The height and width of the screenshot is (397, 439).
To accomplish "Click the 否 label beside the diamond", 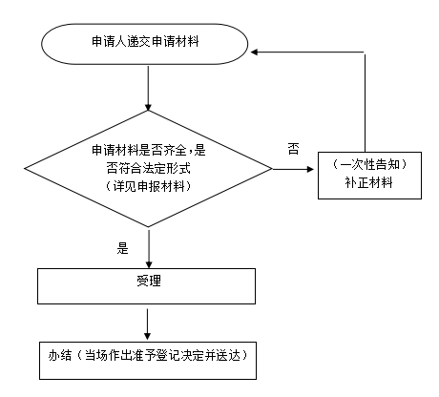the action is pyautogui.click(x=293, y=149).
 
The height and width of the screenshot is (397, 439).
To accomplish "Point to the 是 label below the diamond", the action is pyautogui.click(x=122, y=248).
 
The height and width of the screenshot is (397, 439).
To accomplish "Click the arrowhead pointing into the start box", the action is pyautogui.click(x=254, y=52).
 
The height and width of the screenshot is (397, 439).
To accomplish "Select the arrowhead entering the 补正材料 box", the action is pyautogui.click(x=310, y=169).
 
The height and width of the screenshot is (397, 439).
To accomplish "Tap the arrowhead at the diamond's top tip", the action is pyautogui.click(x=148, y=107).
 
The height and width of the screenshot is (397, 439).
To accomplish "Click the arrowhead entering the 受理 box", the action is pyautogui.click(x=149, y=264).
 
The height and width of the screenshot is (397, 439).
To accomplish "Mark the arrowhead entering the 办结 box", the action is pyautogui.click(x=147, y=336).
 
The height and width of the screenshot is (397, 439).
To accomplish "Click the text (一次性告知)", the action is pyautogui.click(x=369, y=165).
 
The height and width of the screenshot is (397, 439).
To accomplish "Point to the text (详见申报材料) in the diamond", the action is pyautogui.click(x=149, y=186).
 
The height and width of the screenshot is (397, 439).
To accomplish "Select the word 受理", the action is pyautogui.click(x=149, y=281).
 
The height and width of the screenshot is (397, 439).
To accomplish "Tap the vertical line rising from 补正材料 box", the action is pyautogui.click(x=365, y=103).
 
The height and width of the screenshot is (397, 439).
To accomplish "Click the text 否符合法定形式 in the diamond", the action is pyautogui.click(x=149, y=168).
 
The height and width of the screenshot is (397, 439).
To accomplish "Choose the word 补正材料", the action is pyautogui.click(x=369, y=182).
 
